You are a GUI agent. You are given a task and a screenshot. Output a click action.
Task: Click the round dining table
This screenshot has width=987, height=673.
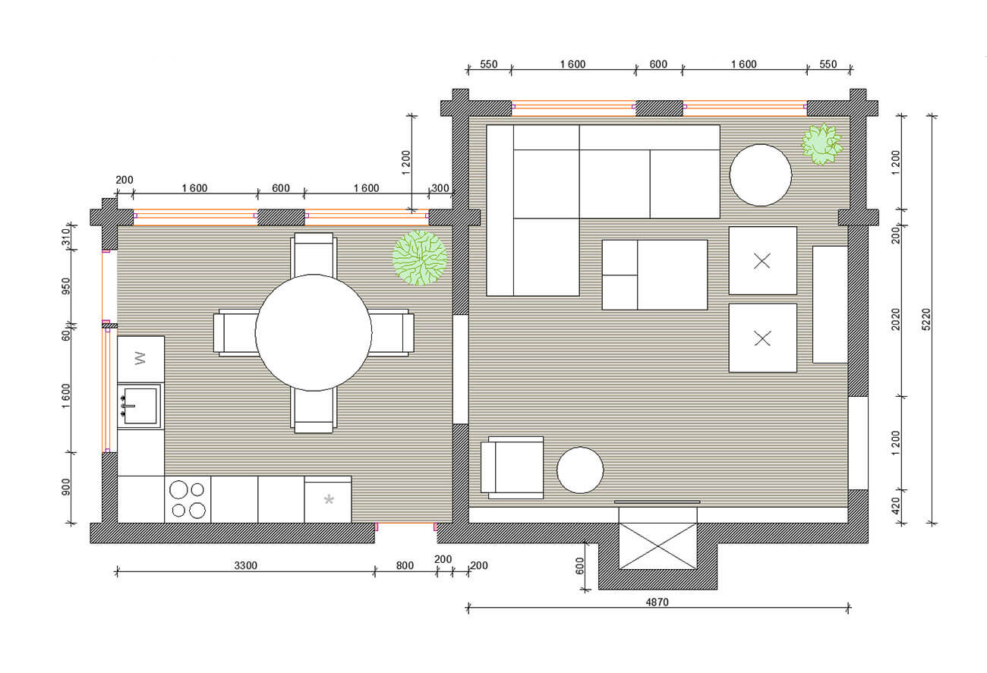[x=314, y=332]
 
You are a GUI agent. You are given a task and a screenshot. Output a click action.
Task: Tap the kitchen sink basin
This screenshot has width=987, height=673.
[x=140, y=406]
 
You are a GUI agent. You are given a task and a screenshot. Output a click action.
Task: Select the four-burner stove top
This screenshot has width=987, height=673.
[x=188, y=499]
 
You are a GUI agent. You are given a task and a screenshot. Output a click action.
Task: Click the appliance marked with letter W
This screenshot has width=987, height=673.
[x=140, y=359]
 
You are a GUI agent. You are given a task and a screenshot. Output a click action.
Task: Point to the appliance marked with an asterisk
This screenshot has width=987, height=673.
[x=328, y=499]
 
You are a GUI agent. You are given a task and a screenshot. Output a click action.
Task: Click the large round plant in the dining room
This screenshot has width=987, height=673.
[x=419, y=258]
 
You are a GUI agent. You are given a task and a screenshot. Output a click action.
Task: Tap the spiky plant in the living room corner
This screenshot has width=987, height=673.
[x=821, y=143]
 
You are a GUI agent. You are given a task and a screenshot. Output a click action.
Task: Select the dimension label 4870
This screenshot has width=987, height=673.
[x=657, y=602]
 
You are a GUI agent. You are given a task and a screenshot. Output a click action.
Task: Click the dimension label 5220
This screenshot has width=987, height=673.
[x=926, y=319]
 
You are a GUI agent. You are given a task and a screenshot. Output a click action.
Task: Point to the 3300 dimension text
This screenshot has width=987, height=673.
[x=245, y=565]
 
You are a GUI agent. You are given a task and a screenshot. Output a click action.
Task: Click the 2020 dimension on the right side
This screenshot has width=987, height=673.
[x=895, y=319]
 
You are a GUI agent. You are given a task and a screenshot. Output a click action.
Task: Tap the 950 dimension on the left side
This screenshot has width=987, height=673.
[x=65, y=286]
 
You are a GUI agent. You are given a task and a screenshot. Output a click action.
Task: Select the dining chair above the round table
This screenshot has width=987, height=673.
[x=314, y=255]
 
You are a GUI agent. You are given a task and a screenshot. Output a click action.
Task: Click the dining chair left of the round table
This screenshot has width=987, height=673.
[x=236, y=332]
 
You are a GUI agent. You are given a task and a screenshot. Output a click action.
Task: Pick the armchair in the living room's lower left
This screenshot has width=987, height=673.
[x=512, y=467]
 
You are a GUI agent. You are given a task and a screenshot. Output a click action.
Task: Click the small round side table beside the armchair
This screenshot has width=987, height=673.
[x=580, y=470]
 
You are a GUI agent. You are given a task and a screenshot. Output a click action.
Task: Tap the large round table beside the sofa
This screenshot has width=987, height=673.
[x=761, y=175]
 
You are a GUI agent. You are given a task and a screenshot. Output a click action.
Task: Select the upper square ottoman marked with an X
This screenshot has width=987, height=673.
[x=763, y=261]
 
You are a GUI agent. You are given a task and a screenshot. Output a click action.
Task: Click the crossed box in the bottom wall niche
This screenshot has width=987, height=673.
[x=657, y=546]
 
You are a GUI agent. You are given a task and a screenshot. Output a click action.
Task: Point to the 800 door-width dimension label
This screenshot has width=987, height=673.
[x=405, y=565]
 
